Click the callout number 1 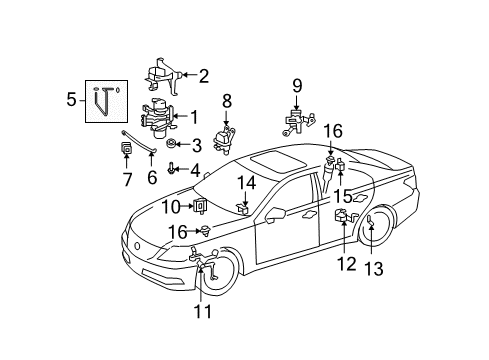click(x=193, y=117)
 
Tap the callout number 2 click(x=203, y=74)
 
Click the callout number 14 click(x=245, y=182)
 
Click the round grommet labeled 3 click(x=169, y=144)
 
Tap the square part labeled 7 click(x=127, y=150)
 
